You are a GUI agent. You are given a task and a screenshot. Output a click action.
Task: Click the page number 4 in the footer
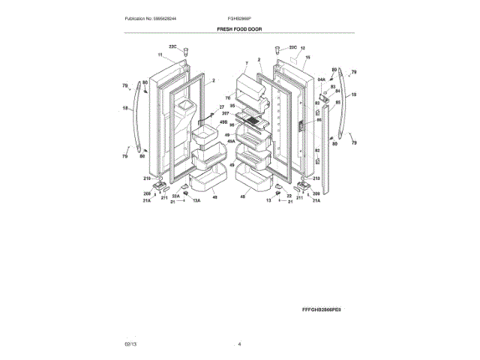[239, 344]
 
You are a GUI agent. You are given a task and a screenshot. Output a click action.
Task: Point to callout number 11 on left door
[160, 55]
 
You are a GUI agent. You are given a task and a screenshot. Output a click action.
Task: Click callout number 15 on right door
[307, 58]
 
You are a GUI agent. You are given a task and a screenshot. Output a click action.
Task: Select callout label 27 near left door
[222, 106]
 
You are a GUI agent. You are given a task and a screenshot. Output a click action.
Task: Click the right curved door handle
[343, 105]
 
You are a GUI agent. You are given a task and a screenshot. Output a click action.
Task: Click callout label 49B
[223, 121]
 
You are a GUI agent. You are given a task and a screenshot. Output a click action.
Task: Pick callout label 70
[228, 98]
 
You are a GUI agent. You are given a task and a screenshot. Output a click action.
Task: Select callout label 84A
[321, 78]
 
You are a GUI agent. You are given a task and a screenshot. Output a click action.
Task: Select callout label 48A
[231, 140]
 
